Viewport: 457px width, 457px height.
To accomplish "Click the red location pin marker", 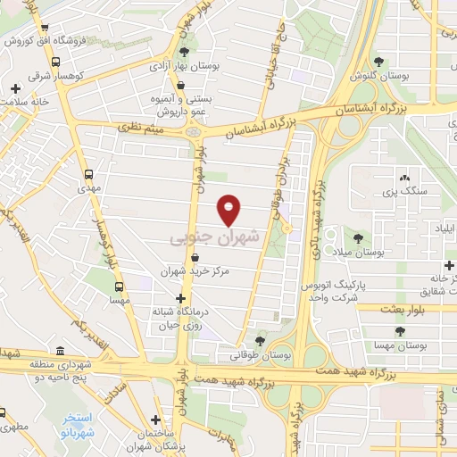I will [229, 210].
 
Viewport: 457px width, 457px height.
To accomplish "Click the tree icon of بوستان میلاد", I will [359, 238].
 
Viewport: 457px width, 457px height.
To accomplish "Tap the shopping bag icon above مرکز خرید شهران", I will [207, 257].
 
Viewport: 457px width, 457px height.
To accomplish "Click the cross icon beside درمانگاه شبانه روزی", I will [180, 299].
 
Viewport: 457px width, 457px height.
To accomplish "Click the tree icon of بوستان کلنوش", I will [379, 62].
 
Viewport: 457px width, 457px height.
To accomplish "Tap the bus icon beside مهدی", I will [87, 175].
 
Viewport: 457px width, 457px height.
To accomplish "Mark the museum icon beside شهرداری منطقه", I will [60, 351].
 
